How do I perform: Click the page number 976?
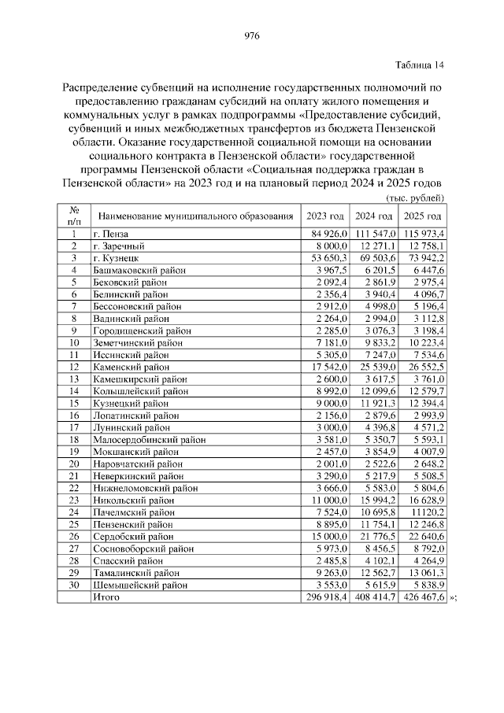[x=252, y=36]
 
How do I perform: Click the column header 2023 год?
[x=324, y=216]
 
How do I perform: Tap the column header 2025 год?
[x=423, y=216]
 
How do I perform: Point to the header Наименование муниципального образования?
[x=195, y=216]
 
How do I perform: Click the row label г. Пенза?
[x=110, y=234]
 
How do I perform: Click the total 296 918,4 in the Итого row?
[x=325, y=597]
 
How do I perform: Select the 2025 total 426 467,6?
[x=423, y=597]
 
